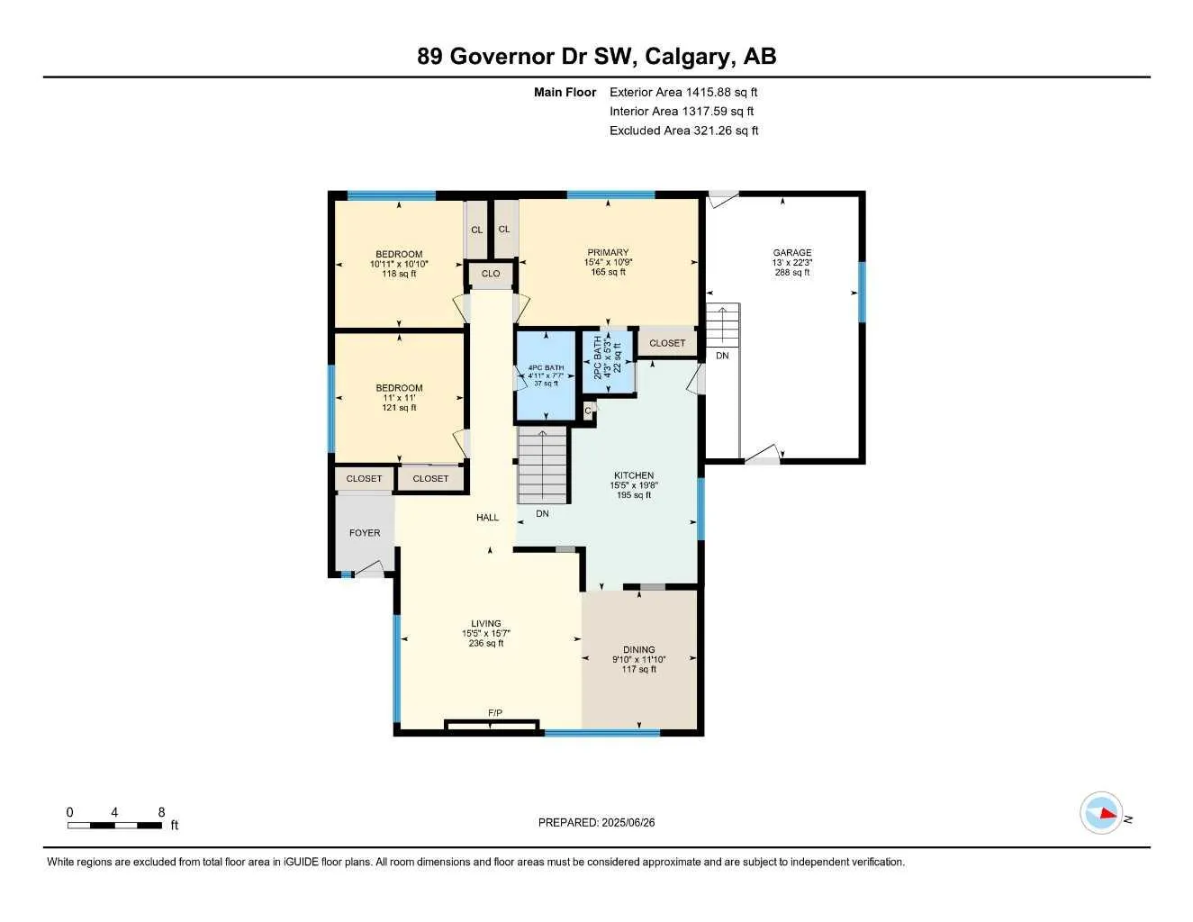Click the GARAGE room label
coord(792,253)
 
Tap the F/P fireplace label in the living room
coord(494,713)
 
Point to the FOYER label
coord(365,533)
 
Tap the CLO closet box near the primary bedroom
coord(491,274)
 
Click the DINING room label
coord(639,649)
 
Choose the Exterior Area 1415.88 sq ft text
coord(683,92)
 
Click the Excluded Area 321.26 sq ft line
coord(683,131)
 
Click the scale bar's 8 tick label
coord(162,812)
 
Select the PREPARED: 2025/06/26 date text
coord(596,822)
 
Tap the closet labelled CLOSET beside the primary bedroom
coord(667,343)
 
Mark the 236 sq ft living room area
coord(486,644)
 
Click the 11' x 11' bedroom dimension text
coord(399,398)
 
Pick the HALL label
coord(488,518)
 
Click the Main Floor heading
coord(565,92)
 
